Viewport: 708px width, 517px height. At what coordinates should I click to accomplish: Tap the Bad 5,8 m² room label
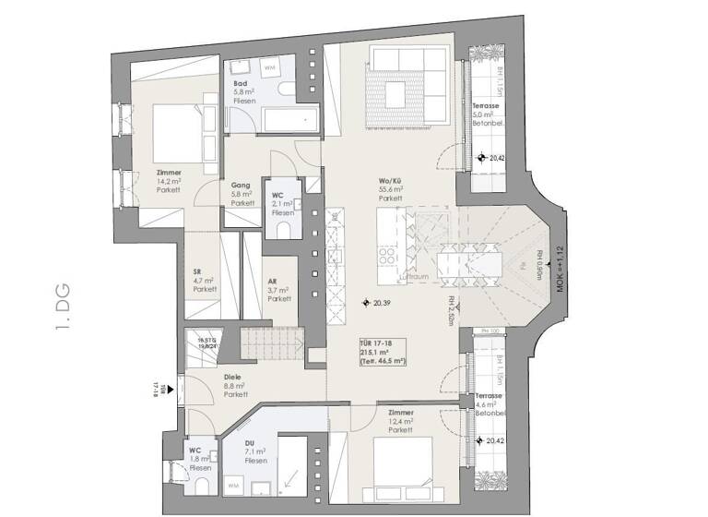tap(244, 91)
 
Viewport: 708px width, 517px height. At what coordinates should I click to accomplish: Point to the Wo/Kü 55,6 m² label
tap(391, 189)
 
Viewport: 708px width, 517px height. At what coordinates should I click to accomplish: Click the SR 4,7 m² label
tap(204, 280)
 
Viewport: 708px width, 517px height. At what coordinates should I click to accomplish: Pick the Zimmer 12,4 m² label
tap(400, 421)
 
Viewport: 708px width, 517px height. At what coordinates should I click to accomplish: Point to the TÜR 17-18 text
tap(377, 343)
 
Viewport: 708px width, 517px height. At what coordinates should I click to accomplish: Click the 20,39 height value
tap(381, 303)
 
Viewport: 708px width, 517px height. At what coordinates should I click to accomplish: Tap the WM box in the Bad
tap(271, 68)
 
